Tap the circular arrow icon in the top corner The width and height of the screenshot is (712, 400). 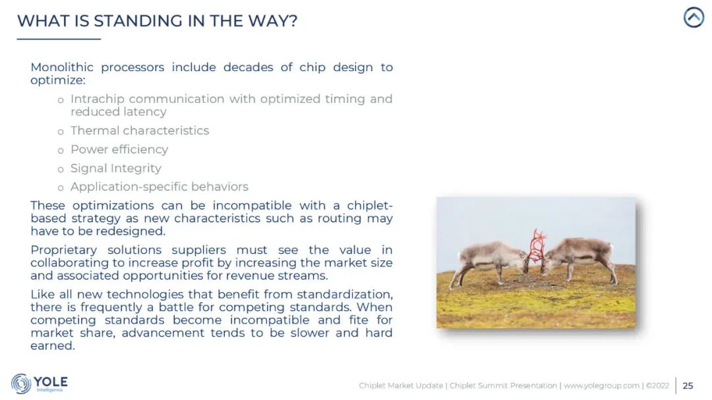click(x=694, y=17)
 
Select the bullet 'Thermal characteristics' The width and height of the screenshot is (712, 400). click(x=140, y=130)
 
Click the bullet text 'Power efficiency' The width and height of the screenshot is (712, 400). click(x=119, y=150)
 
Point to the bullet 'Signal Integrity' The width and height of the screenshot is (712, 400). click(x=116, y=168)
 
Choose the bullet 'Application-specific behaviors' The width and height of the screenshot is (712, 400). click(x=160, y=186)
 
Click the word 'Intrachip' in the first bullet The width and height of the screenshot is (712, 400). click(x=97, y=99)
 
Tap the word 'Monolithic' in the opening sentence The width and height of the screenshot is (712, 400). click(x=62, y=67)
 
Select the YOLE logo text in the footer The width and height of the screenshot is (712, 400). click(x=50, y=382)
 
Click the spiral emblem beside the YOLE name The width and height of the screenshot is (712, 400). click(x=21, y=384)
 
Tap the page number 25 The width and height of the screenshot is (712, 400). click(x=688, y=386)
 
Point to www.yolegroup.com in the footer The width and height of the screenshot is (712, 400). click(x=601, y=386)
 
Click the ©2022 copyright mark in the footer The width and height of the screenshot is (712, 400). click(x=657, y=386)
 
